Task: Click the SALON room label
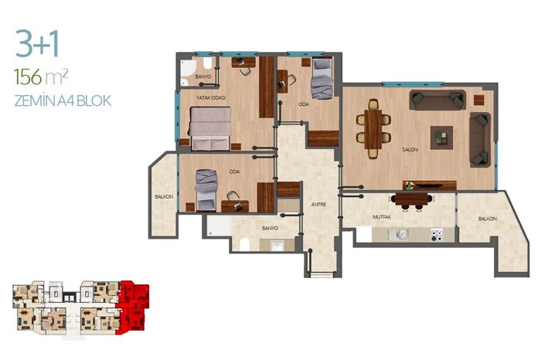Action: pyautogui.click(x=410, y=150)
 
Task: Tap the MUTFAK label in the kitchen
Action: pyautogui.click(x=382, y=217)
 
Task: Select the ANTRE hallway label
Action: pyautogui.click(x=318, y=205)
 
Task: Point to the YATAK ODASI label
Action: pyautogui.click(x=211, y=98)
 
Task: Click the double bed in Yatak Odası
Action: pyautogui.click(x=210, y=128)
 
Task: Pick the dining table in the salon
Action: pyautogui.click(x=373, y=129)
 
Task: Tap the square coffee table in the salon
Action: pyautogui.click(x=441, y=138)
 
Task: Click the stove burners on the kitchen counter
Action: pyautogui.click(x=437, y=235)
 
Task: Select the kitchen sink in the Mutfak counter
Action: pyautogui.click(x=398, y=235)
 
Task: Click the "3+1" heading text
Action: pyautogui.click(x=37, y=44)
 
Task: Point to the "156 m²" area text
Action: pyautogui.click(x=41, y=76)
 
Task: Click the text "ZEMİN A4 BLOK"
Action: pyautogui.click(x=63, y=101)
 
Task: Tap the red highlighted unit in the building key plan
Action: pyautogui.click(x=133, y=307)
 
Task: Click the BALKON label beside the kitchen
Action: pyautogui.click(x=488, y=219)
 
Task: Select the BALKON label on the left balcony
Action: pyautogui.click(x=164, y=196)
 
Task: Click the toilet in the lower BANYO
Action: pyautogui.click(x=245, y=244)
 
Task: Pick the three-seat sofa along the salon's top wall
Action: pyautogui.click(x=437, y=100)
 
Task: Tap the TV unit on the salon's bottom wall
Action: pyautogui.click(x=430, y=185)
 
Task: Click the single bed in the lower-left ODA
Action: pyautogui.click(x=206, y=190)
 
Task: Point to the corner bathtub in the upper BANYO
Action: pyautogui.click(x=187, y=68)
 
